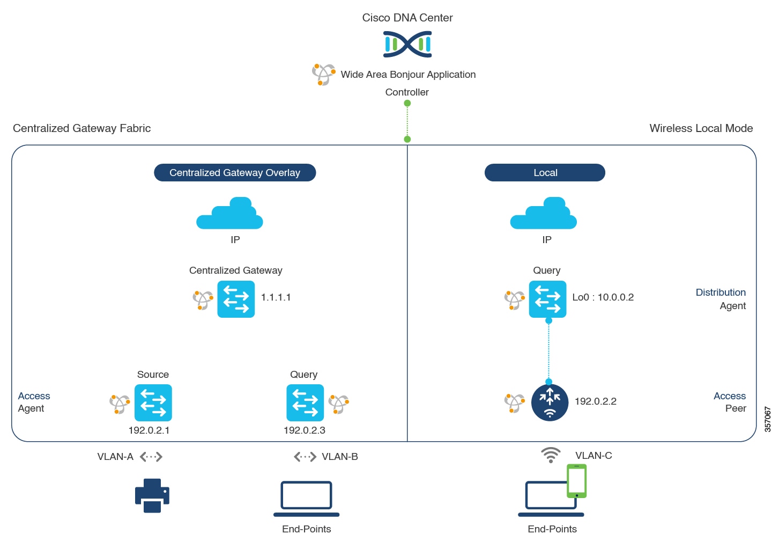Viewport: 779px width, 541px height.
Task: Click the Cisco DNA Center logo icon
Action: coord(407,44)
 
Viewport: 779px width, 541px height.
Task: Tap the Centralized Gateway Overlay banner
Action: coord(235,173)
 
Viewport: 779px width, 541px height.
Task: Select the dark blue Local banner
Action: coord(545,173)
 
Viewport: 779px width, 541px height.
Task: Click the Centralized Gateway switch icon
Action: coord(236,299)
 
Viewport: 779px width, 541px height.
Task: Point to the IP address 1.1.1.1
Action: coord(276,297)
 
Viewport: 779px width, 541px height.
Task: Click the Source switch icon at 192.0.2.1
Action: coord(153,403)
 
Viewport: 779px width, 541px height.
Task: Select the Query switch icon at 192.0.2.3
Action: coord(305,403)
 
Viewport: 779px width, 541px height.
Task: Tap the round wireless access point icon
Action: coord(550,403)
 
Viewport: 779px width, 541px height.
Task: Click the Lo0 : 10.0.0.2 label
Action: coord(603,297)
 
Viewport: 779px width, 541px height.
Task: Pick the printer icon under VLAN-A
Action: coord(152,495)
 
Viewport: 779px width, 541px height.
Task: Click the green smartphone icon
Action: coord(577,481)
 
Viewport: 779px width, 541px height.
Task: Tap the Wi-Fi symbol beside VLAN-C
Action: coord(551,455)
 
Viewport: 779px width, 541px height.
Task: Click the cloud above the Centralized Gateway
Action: coord(229,214)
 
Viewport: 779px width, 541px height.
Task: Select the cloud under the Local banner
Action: coord(544,214)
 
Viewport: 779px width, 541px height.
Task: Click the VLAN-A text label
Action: coord(115,457)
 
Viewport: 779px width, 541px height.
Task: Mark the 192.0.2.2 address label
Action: coord(595,401)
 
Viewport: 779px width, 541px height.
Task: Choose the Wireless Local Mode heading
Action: coord(701,128)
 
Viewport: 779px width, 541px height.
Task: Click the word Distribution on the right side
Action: coord(721,293)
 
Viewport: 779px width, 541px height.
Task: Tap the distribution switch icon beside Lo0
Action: coord(547,299)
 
